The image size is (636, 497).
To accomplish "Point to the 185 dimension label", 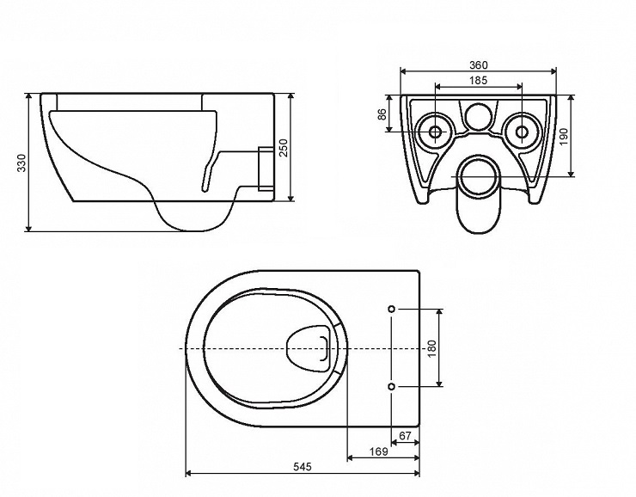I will [x=479, y=80].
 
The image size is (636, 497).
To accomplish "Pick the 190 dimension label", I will [x=565, y=136].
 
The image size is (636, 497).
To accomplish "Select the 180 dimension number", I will [x=432, y=348].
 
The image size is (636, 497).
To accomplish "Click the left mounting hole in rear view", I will [x=434, y=132].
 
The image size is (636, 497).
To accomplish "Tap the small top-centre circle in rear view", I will [x=478, y=115].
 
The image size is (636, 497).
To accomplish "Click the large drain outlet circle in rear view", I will [x=478, y=175].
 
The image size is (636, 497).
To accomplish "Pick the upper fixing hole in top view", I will [x=392, y=308].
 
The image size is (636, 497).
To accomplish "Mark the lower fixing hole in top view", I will [x=392, y=388].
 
